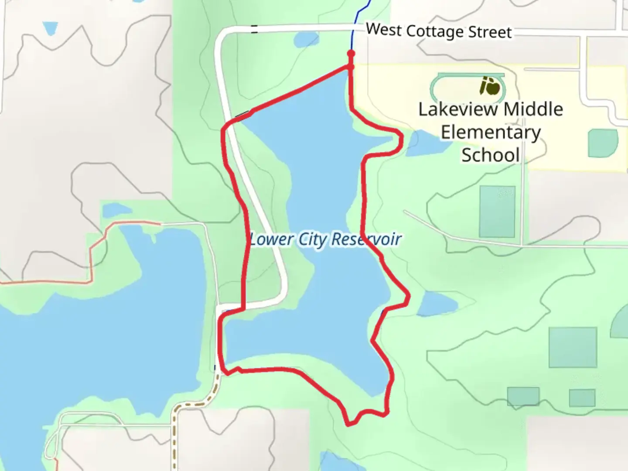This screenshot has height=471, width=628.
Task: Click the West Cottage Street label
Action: coord(438,31)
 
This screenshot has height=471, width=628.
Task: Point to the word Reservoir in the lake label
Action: coord(366,239)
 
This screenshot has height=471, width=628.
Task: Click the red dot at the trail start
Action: coord(351,54)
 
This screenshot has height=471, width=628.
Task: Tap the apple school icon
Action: coord(491,86)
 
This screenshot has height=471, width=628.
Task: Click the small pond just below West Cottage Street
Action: coord(302,41)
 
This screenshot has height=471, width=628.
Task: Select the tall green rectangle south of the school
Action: coord(497,212)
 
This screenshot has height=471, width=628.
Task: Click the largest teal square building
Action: coord(572,347)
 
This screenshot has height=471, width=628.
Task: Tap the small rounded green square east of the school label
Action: coord(603,143)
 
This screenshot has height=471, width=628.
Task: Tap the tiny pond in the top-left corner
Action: coord(50,28)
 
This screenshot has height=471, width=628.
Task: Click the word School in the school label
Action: coord(491,155)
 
